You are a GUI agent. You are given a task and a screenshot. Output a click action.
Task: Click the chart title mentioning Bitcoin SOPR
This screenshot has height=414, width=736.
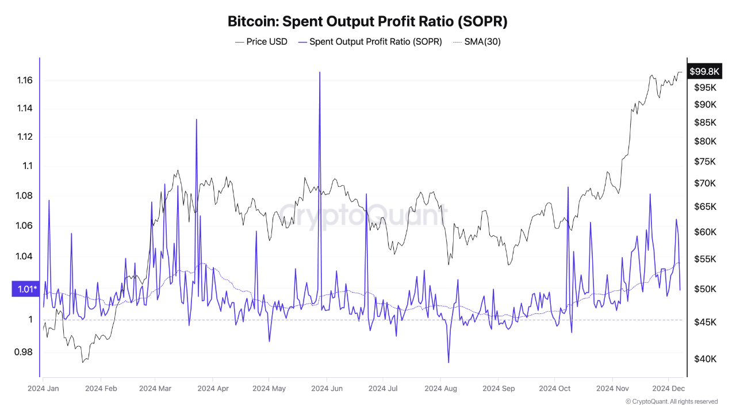point(367,21)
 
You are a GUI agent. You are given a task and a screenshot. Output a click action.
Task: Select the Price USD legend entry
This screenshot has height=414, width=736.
point(261,42)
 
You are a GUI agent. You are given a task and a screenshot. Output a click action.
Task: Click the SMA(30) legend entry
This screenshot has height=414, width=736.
point(477,42)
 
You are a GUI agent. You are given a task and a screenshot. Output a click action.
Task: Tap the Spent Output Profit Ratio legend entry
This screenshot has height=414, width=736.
point(370,42)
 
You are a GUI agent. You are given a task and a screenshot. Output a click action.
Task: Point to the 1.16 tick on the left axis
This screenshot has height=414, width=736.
point(25,80)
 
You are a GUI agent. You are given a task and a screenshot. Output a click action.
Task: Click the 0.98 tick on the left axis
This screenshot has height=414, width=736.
point(24,352)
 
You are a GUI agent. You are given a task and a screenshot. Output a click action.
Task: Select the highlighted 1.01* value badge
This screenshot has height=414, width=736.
point(25,289)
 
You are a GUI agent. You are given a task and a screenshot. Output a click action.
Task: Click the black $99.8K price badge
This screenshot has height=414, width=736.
point(704,71)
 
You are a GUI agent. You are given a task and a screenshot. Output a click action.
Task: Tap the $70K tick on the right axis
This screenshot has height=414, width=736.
point(705,183)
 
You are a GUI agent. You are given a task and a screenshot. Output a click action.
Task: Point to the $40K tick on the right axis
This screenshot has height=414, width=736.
point(705,359)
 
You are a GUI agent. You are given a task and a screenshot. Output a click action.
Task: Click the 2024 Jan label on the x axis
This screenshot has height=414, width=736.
point(43,388)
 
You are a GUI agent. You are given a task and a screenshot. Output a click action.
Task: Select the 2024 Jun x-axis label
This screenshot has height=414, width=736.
point(327,388)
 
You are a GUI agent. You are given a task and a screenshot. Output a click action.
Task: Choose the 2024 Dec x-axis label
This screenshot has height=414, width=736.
point(668,388)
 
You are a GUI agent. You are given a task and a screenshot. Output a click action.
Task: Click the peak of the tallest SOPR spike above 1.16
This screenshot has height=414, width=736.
point(320,72)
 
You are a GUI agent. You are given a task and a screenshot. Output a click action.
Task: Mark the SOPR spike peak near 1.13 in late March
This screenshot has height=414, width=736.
point(197,119)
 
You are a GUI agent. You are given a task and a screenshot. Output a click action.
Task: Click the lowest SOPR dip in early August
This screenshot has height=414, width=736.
point(448,363)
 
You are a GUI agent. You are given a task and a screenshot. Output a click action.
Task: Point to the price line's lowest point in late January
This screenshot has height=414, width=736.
point(83,362)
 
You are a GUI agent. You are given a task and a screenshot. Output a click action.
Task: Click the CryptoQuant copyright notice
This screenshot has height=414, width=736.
point(671,401)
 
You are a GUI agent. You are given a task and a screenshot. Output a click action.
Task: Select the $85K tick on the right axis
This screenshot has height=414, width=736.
point(705,122)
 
